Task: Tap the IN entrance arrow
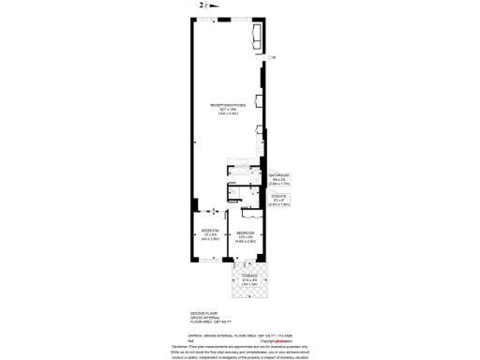213,211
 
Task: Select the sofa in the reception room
257,36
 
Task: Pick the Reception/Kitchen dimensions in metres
228,114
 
